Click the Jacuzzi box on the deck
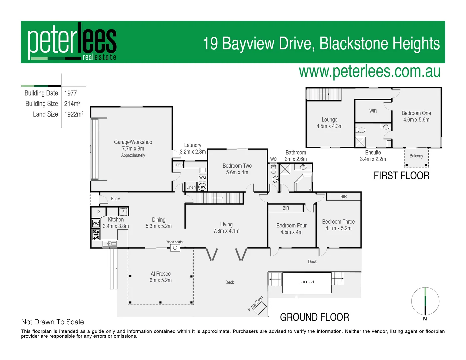click(307, 283)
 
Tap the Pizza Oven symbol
click(260, 308)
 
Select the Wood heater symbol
click(175, 248)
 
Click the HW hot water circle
click(202, 187)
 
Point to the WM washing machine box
click(202, 178)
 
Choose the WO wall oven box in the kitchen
click(96, 223)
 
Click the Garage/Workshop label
click(133, 142)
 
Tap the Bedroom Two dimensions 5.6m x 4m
click(237, 172)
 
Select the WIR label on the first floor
click(373, 111)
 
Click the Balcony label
click(416, 156)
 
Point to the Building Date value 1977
click(70, 93)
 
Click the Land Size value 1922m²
click(74, 114)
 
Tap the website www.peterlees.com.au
click(369, 71)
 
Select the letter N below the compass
click(425, 319)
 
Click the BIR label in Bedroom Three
click(343, 197)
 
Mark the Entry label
click(115, 199)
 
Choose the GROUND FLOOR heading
click(314, 317)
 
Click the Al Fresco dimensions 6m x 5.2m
click(160, 280)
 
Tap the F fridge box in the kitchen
click(123, 212)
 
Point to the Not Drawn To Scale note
click(52, 322)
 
